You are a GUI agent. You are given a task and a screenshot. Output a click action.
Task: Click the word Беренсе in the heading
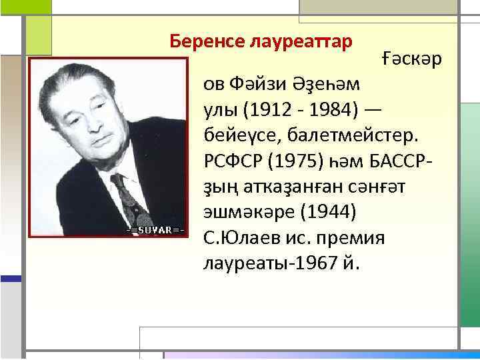click(x=206, y=41)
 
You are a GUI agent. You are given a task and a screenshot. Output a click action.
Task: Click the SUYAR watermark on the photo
click(x=155, y=230)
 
